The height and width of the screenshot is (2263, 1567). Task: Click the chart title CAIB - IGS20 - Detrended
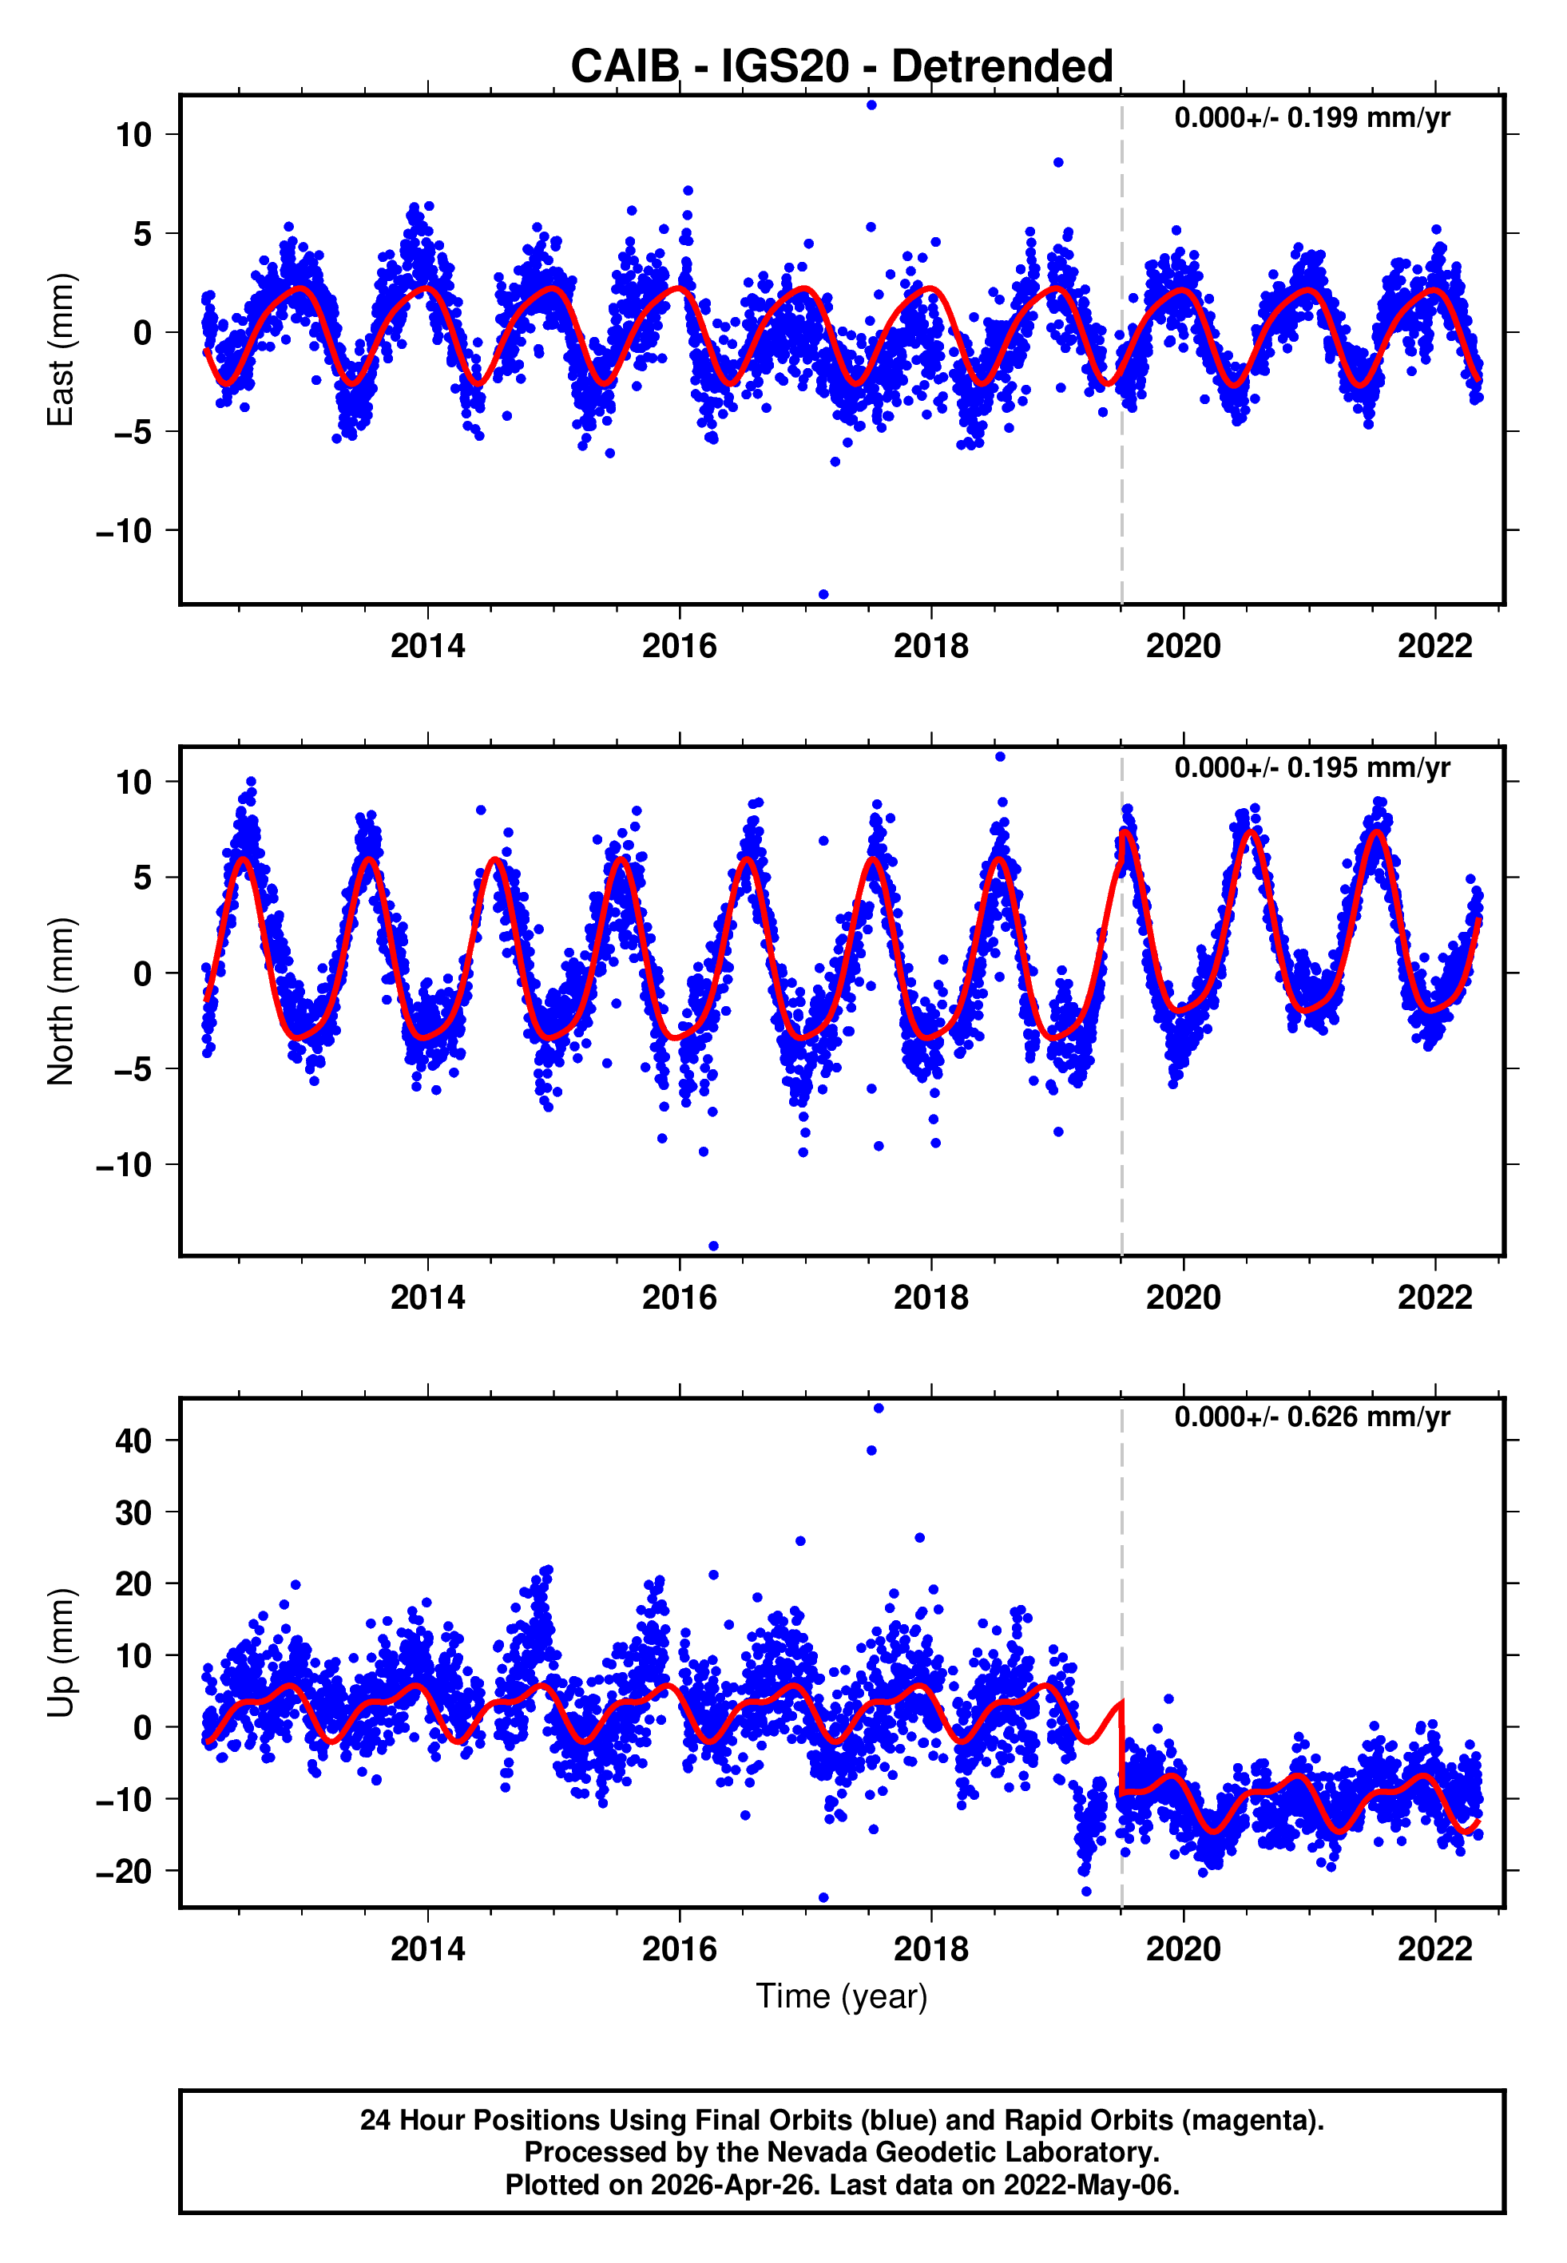842,67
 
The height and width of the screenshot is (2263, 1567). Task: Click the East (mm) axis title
61,350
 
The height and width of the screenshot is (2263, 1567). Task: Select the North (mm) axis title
61,1001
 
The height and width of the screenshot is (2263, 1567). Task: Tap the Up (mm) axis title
61,1653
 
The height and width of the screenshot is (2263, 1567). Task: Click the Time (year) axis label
842,1996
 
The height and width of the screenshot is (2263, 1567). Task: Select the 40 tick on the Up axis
133,1441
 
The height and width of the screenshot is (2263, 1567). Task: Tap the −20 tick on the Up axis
124,1872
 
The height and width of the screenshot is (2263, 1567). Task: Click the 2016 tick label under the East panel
680,646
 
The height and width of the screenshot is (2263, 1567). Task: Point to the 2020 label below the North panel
1183,1298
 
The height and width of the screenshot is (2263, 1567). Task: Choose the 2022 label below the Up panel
1434,1949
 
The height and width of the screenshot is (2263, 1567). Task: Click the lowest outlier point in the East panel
823,595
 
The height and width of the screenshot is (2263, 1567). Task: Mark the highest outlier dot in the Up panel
878,1409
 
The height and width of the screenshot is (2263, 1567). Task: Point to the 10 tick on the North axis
133,782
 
